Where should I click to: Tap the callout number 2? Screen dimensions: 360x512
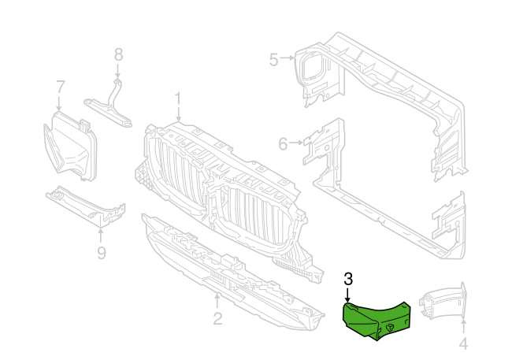(217, 319)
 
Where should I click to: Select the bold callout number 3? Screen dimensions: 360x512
(349, 277)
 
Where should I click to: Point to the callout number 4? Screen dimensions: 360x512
(463, 343)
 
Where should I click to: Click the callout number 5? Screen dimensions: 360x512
(273, 58)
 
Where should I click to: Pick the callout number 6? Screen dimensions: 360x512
(283, 143)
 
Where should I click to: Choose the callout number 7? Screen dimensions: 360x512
(60, 86)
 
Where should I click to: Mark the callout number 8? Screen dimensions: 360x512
(118, 54)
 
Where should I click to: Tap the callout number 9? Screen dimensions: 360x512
(102, 252)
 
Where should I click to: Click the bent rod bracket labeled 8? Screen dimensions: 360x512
(113, 103)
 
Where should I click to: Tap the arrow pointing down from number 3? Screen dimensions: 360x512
(349, 294)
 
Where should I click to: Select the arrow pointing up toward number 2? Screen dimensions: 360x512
(217, 301)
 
